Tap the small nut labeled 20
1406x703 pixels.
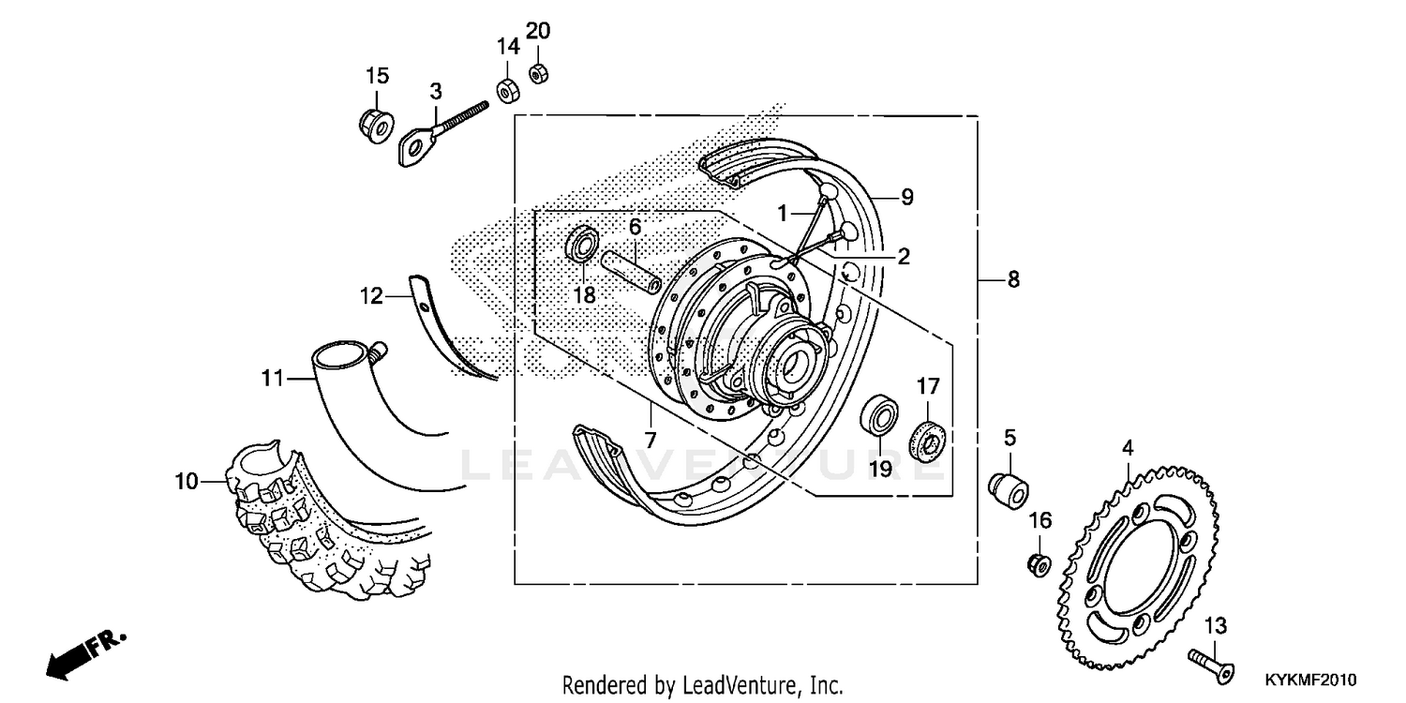[538, 72]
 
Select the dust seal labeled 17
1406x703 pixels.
[928, 437]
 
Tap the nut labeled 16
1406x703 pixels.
[1038, 563]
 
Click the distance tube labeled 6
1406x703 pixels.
[634, 270]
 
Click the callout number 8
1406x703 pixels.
[1013, 279]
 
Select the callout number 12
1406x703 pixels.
[371, 297]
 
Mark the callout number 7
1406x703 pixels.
[650, 439]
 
